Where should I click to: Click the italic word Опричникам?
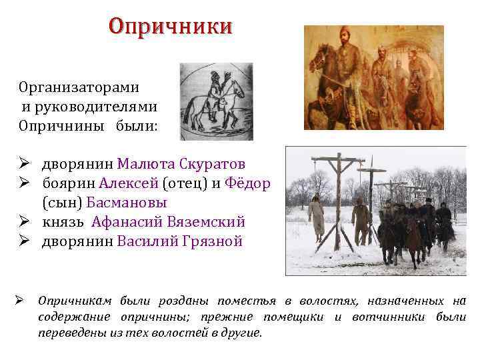point(77,301)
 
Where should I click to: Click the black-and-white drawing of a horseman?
point(216,101)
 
